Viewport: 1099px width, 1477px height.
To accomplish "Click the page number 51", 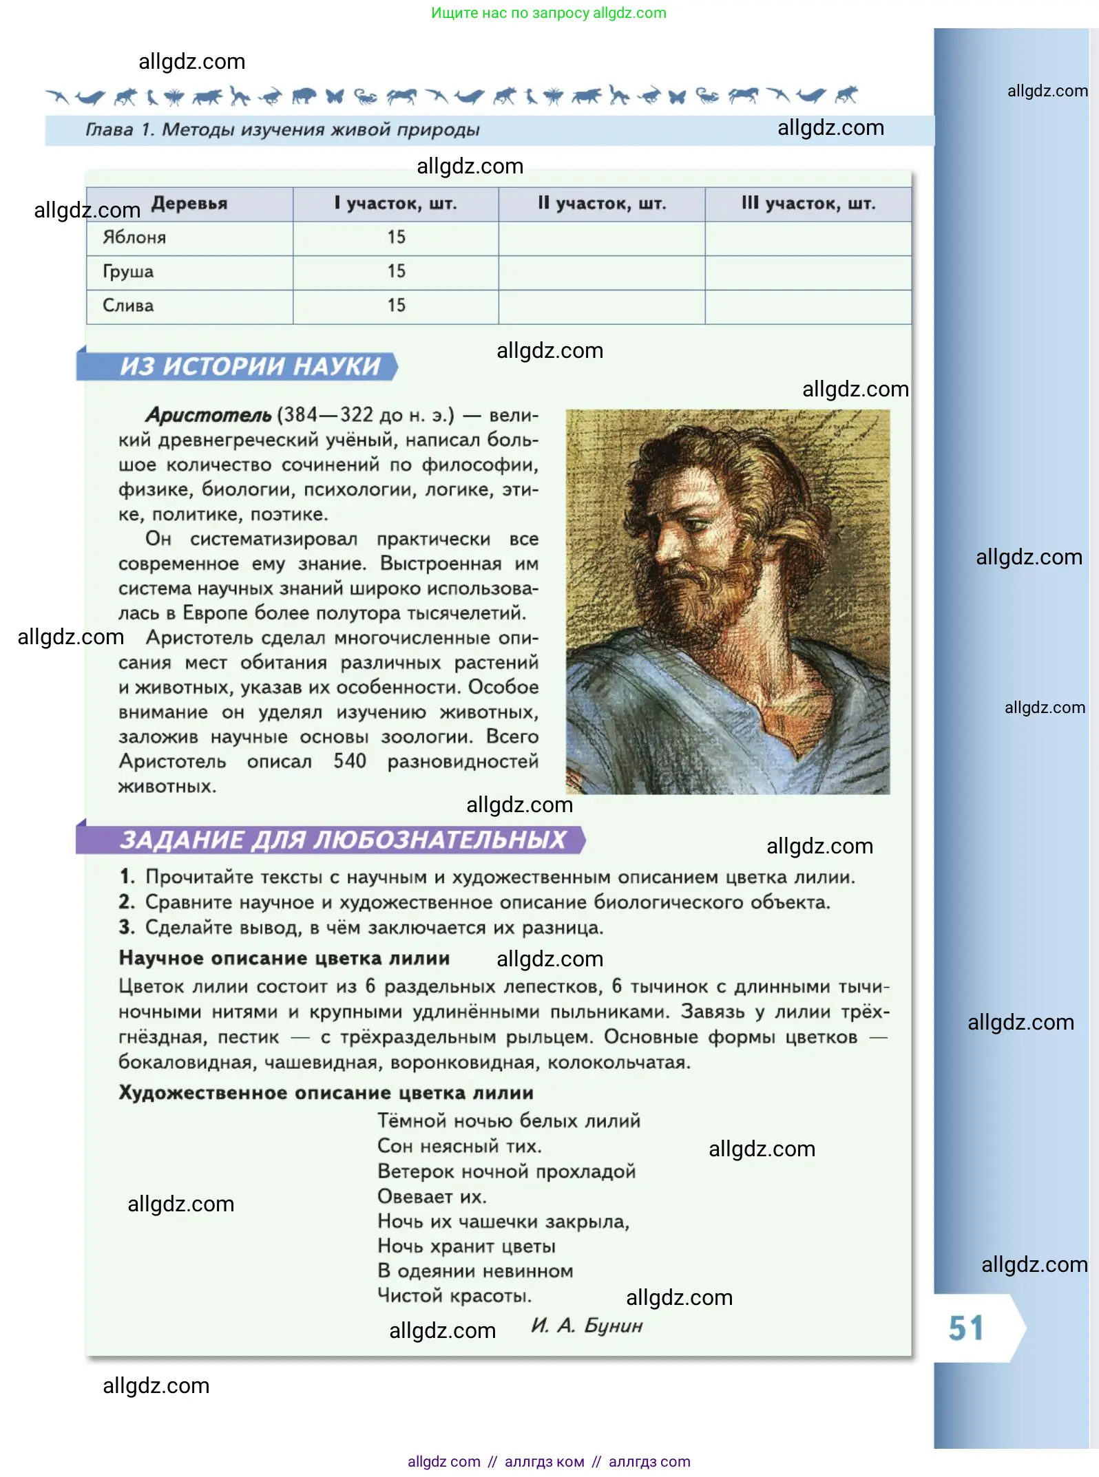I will [965, 1328].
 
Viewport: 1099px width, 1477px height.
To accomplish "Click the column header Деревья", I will [189, 204].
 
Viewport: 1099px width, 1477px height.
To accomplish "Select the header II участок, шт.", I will [602, 204].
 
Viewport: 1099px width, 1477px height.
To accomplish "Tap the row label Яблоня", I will [134, 237].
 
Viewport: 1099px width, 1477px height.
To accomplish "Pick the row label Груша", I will [128, 272].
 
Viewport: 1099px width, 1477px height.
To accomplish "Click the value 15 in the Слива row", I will [396, 306].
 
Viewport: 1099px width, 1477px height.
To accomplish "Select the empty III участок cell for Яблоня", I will [808, 238].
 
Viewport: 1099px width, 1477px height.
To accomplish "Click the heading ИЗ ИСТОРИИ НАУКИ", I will [250, 366].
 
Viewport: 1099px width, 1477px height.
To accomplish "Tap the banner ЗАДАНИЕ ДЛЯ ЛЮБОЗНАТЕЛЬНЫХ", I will [342, 840].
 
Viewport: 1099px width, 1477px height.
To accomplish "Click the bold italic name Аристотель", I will [208, 415].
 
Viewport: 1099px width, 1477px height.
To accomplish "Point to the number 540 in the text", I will [349, 761].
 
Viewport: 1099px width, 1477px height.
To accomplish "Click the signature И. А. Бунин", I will [587, 1326].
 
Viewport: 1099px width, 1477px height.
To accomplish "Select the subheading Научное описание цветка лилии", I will [284, 958].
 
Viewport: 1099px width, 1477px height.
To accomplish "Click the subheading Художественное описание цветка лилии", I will [326, 1093].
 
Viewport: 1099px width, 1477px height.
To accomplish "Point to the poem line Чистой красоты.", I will [454, 1296].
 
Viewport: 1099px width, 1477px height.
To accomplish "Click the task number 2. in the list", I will [126, 902].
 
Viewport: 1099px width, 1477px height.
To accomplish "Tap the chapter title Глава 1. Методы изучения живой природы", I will [282, 130].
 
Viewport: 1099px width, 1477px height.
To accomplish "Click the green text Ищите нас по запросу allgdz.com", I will [548, 13].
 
